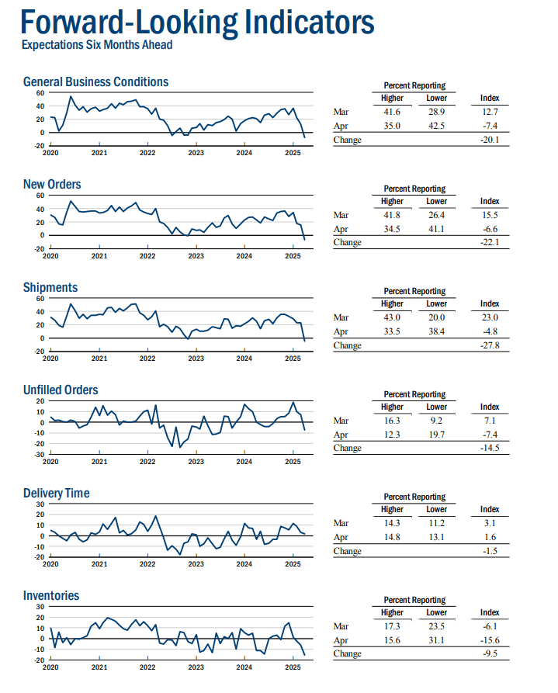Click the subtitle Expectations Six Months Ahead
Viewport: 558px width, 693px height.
pos(97,45)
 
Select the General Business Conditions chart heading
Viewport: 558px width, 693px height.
pos(95,81)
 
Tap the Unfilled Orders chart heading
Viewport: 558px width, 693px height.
pos(61,390)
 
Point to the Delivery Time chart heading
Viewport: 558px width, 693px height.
pos(56,493)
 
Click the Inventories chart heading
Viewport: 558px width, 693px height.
pos(51,595)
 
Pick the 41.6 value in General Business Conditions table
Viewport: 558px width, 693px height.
pos(392,112)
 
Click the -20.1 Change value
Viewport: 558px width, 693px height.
pos(490,140)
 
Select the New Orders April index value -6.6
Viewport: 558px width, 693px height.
pos(490,229)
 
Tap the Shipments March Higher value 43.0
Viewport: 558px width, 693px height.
pos(392,317)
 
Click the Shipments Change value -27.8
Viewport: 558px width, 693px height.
pos(490,345)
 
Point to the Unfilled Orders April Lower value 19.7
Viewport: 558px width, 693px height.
pos(436,435)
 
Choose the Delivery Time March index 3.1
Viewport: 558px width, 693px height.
pos(490,523)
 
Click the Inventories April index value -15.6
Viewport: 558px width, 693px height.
pos(490,640)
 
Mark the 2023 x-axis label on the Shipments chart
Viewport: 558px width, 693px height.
pos(196,359)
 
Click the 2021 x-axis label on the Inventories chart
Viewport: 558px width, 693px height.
pos(99,667)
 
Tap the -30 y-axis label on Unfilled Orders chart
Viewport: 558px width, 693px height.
pos(40,454)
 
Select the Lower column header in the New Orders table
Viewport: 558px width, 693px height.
pos(436,201)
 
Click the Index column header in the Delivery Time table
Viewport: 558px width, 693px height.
pos(490,509)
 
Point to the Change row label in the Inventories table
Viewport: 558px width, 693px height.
pos(347,653)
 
